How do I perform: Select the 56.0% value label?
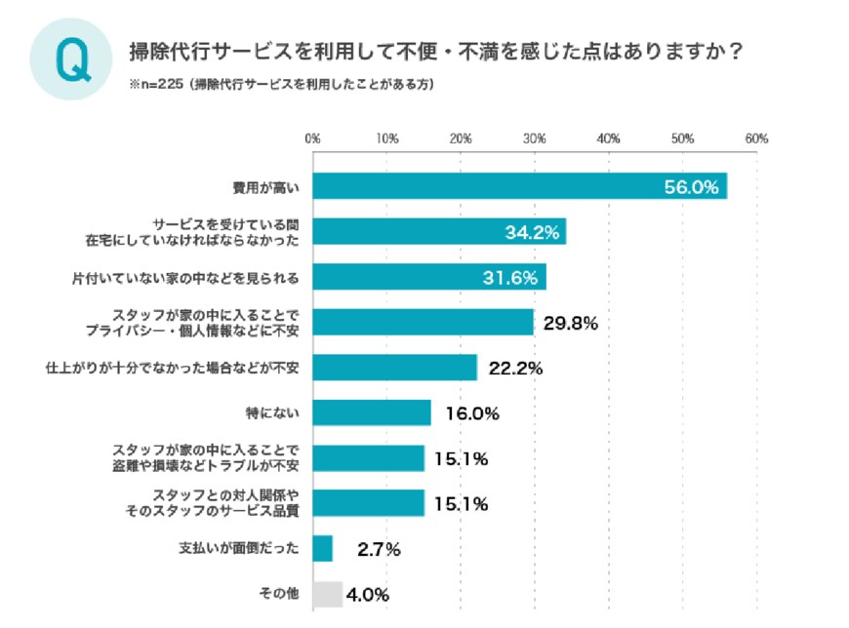(x=691, y=186)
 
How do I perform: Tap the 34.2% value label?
(x=532, y=232)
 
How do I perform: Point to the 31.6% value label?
(x=510, y=278)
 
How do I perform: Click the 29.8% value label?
(x=570, y=323)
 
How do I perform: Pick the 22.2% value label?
(x=513, y=368)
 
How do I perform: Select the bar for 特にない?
(x=372, y=412)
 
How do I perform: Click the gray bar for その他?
(x=328, y=594)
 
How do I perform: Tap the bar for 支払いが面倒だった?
(x=323, y=548)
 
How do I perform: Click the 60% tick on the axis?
(x=756, y=138)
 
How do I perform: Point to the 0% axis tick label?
(x=312, y=138)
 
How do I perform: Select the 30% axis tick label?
(x=534, y=138)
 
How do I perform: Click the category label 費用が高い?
(x=271, y=186)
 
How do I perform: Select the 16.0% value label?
(x=471, y=413)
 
